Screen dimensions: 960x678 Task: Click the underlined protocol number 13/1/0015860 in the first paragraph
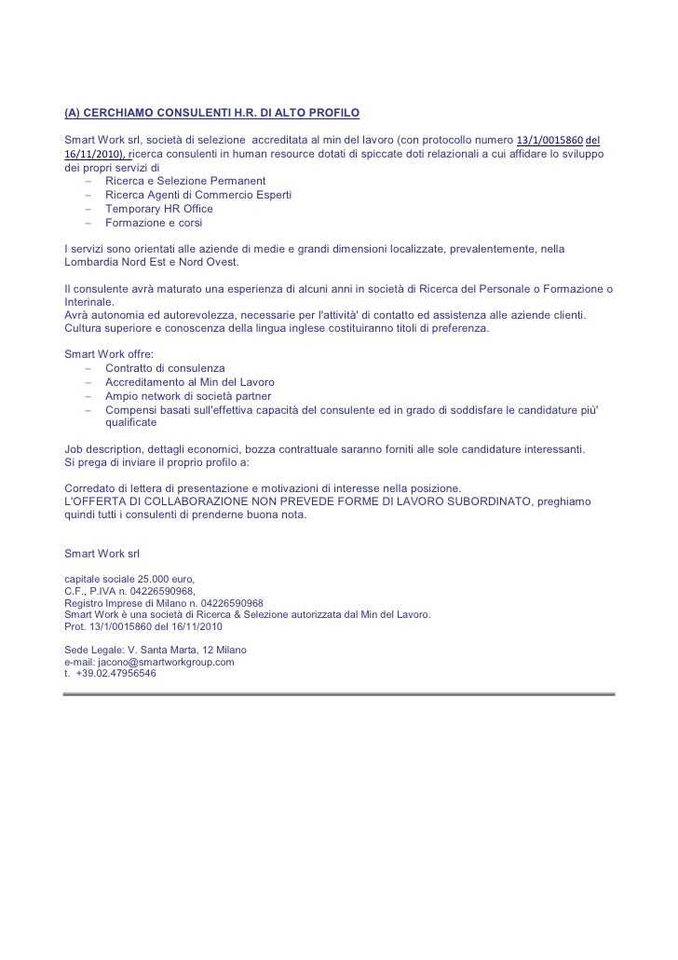(x=549, y=140)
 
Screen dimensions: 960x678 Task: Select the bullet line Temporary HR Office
(x=159, y=209)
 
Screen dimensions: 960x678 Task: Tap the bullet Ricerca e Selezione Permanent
(x=186, y=180)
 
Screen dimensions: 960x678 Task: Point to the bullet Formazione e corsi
(x=154, y=224)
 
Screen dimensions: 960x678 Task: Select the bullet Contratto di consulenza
(x=165, y=369)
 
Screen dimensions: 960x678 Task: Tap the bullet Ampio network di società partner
(x=188, y=396)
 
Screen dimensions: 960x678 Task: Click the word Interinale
(x=88, y=304)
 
